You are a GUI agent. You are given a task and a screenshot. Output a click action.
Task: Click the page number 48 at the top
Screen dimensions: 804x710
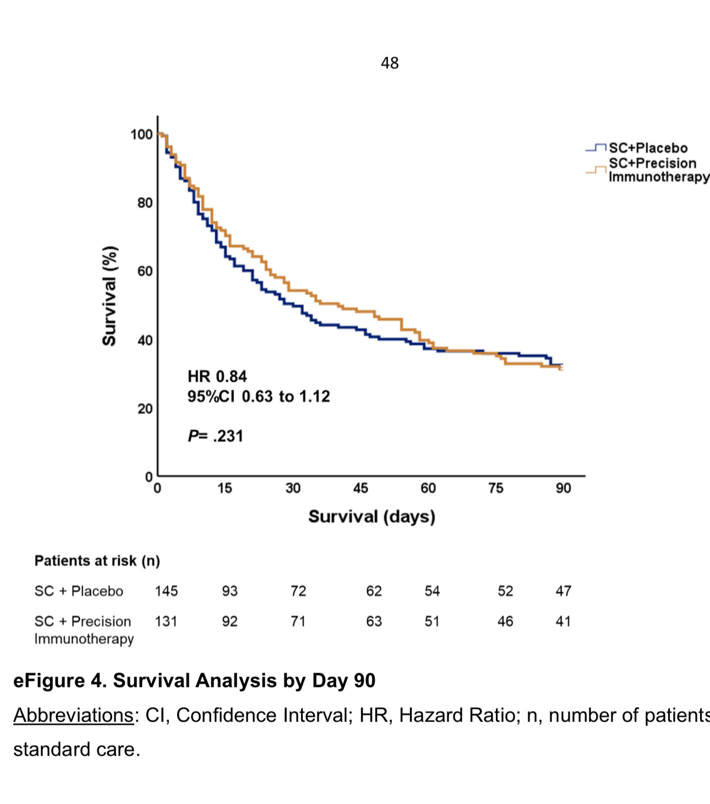(390, 63)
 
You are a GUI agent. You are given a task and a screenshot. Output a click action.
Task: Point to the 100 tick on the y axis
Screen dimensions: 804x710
(141, 135)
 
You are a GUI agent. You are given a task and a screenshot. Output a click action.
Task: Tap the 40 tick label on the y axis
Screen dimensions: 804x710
(145, 340)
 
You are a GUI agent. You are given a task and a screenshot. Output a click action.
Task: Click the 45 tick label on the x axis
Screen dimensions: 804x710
(361, 488)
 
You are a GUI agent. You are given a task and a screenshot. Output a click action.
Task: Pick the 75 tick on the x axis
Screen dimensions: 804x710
(496, 488)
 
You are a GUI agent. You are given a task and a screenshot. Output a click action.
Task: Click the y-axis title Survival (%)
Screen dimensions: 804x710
(110, 296)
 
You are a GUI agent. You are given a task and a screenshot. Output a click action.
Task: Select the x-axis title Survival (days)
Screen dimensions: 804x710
(372, 517)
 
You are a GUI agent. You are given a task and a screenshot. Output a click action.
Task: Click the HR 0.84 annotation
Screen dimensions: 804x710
(217, 377)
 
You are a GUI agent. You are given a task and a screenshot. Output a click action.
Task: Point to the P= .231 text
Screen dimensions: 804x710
(215, 436)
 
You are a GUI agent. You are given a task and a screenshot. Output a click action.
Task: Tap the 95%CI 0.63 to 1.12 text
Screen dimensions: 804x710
(259, 397)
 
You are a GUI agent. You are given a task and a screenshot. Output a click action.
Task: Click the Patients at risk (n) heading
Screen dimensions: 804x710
(97, 561)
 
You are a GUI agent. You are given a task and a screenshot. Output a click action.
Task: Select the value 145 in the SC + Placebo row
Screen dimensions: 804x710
(166, 591)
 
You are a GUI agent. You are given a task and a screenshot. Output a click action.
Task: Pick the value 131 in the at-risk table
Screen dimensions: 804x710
(166, 621)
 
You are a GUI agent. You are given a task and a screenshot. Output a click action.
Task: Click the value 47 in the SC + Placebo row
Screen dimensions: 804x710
(563, 591)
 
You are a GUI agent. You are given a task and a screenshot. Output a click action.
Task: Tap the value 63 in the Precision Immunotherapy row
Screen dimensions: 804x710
(374, 621)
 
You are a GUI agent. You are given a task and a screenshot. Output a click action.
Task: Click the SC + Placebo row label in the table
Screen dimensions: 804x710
(79, 591)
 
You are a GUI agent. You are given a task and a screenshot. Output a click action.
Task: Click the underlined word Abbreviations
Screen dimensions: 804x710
(73, 715)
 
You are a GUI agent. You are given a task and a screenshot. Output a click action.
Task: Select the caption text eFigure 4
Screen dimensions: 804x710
(60, 681)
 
